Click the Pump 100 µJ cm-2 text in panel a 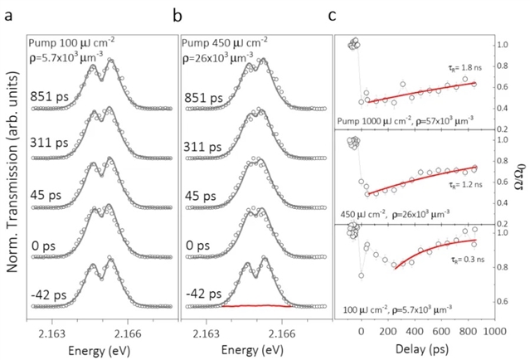(68, 41)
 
